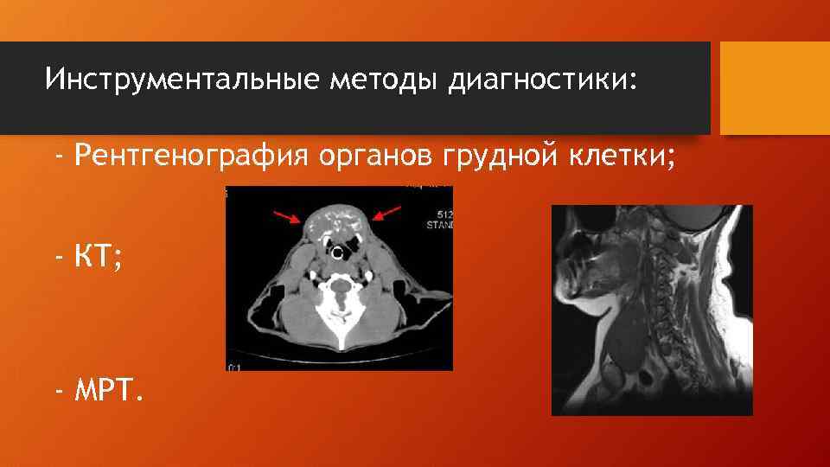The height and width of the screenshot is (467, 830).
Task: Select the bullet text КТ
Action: pyautogui.click(x=97, y=258)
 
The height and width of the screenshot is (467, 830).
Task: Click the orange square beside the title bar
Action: pyautogui.click(x=775, y=88)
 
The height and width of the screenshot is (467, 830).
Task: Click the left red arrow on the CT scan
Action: pyautogui.click(x=289, y=216)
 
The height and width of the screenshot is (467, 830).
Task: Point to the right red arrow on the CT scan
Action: pyautogui.click(x=386, y=212)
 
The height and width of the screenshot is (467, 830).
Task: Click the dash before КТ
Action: pyautogui.click(x=60, y=258)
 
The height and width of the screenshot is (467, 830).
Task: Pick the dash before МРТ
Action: pyautogui.click(x=60, y=394)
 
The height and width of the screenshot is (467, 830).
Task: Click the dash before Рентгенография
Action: pyautogui.click(x=60, y=156)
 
